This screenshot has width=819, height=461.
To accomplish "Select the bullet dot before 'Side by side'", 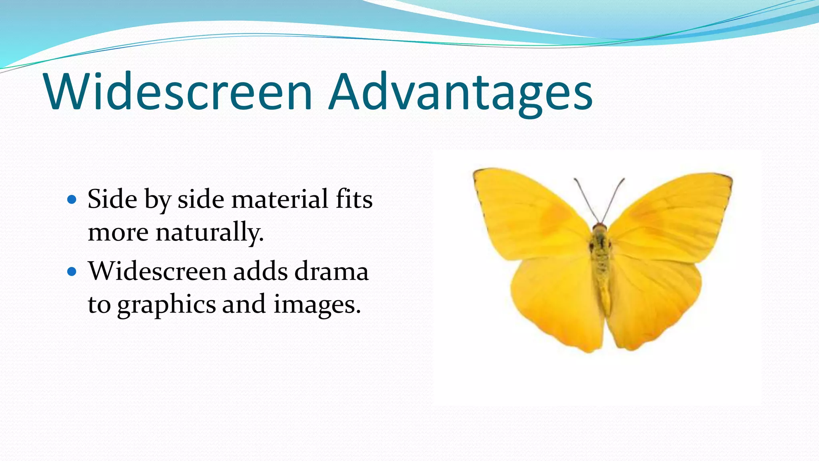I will point(72,199).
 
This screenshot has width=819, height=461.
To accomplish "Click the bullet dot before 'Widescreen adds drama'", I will point(72,272).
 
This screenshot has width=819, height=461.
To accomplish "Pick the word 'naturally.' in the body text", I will point(210,232).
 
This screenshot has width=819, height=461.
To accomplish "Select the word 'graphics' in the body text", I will point(166,305).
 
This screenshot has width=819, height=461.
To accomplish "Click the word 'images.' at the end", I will point(317,305).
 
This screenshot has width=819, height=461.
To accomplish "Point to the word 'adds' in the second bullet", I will point(260,271).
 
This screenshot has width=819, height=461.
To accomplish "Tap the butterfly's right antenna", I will point(614,198).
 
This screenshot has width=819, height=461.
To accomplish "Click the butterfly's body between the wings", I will point(600,260).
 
